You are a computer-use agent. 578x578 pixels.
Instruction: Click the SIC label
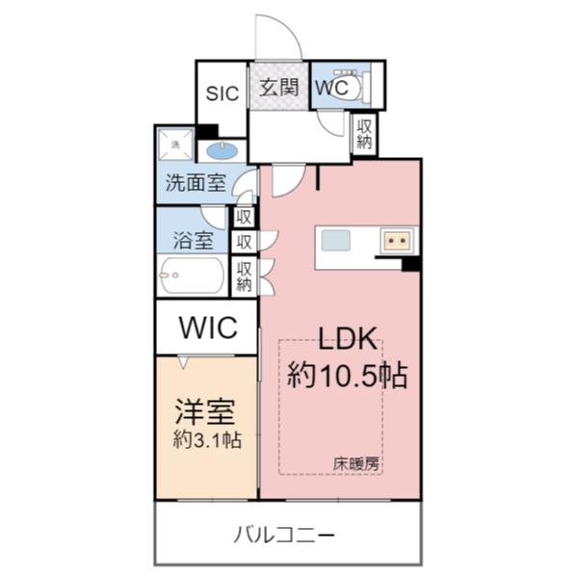point(223,93)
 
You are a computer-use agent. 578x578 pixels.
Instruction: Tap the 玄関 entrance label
point(279,88)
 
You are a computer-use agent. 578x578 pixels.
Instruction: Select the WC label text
point(328,87)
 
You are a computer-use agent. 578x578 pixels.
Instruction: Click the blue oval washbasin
point(223,150)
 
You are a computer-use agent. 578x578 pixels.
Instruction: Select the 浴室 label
point(193,241)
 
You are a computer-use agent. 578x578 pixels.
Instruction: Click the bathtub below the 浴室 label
point(192,276)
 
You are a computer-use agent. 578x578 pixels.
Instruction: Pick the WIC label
point(207,328)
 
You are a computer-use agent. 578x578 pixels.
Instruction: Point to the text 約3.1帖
point(206,439)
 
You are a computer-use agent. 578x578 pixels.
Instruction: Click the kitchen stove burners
point(396,239)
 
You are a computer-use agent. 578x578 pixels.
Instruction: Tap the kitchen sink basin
point(337,239)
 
